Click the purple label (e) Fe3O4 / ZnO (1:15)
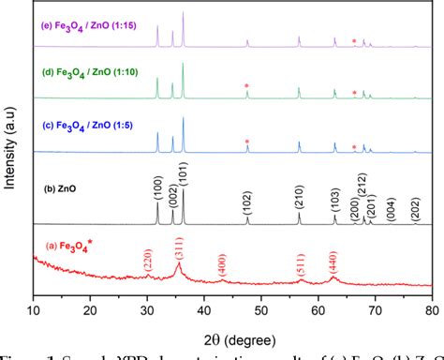(87, 14)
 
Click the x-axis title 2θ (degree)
(232, 331)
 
